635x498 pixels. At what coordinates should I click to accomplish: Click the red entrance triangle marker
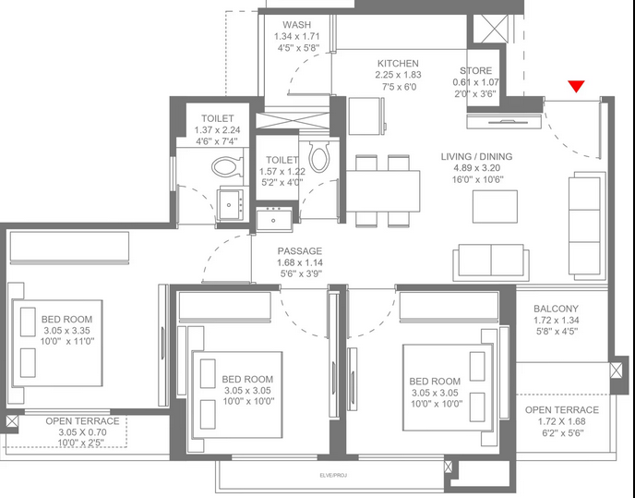(x=576, y=86)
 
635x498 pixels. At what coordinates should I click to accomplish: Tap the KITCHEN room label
(x=398, y=64)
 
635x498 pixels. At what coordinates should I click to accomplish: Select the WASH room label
(x=297, y=25)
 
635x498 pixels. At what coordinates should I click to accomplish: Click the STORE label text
(x=476, y=71)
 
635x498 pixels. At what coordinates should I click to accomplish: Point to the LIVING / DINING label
(x=476, y=156)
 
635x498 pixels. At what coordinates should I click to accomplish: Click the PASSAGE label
(x=300, y=251)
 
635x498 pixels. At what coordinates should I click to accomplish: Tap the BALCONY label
(x=556, y=309)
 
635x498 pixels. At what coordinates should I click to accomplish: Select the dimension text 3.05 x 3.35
(x=66, y=331)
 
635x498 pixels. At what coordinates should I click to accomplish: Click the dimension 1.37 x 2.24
(x=217, y=130)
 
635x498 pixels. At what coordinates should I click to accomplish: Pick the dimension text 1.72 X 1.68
(x=562, y=421)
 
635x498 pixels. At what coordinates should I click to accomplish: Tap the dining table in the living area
(x=383, y=191)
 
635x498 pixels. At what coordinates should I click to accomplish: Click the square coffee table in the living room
(x=495, y=206)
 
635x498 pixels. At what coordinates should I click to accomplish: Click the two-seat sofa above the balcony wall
(x=491, y=262)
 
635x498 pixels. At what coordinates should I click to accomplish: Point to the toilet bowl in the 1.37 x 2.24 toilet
(x=227, y=166)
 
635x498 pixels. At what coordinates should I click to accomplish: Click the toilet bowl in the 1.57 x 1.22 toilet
(x=319, y=156)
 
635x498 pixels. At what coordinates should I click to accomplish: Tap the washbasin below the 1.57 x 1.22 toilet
(x=274, y=219)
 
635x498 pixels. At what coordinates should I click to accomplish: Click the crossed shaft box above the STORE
(x=490, y=29)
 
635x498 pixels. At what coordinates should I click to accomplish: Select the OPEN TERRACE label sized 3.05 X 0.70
(x=83, y=421)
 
